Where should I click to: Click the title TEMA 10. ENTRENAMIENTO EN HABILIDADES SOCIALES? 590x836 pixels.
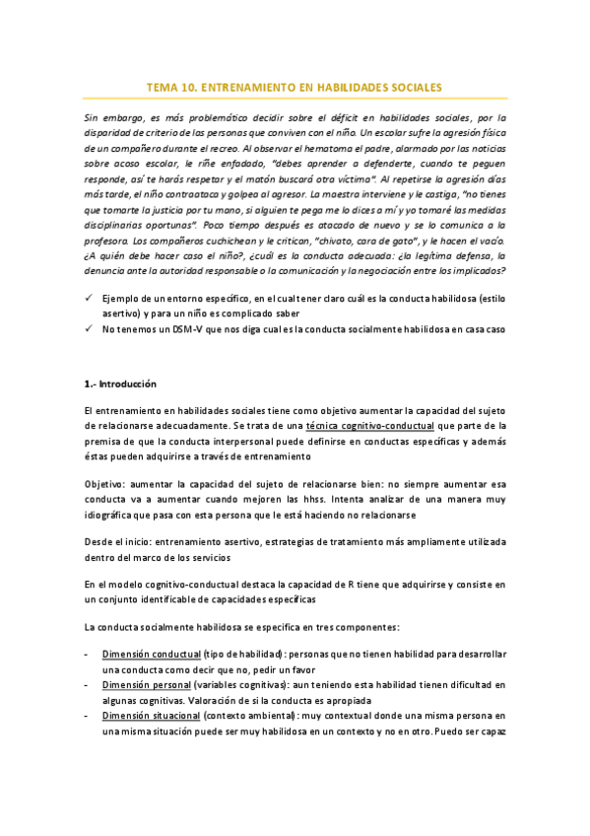[295, 87]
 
